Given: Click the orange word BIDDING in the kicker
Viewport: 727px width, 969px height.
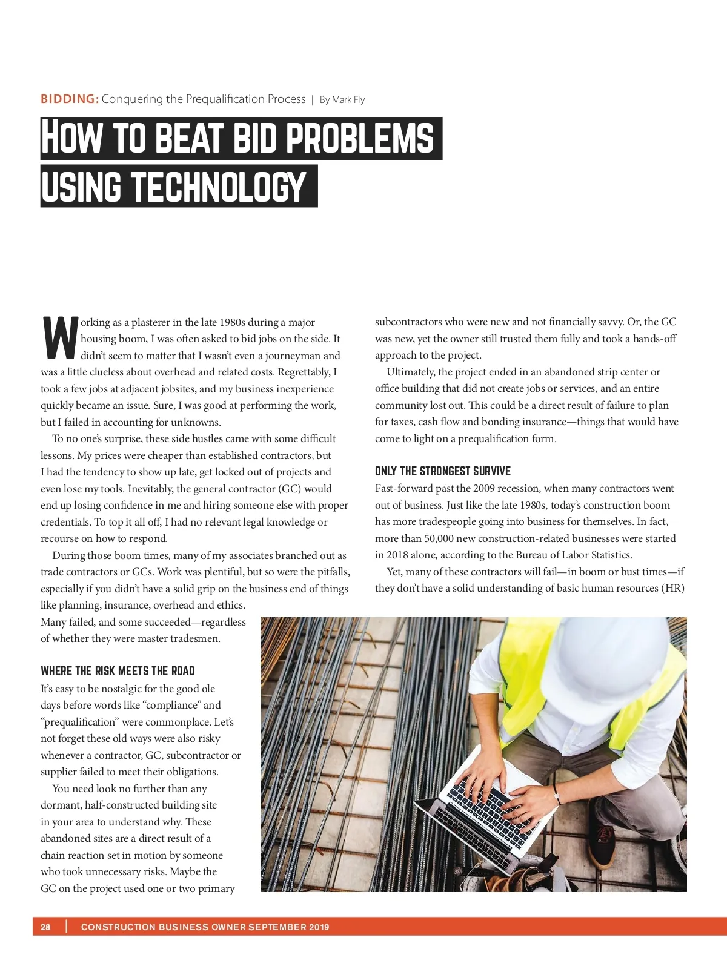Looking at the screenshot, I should [x=70, y=99].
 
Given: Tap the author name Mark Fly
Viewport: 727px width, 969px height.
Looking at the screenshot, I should [x=348, y=99].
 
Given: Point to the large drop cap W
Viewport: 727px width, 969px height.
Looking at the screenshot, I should [x=59, y=337].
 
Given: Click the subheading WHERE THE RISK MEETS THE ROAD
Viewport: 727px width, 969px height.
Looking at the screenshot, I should [x=118, y=670].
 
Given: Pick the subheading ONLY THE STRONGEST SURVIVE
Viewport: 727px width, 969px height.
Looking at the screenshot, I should [x=442, y=471].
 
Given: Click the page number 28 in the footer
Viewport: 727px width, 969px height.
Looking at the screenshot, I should [x=45, y=927].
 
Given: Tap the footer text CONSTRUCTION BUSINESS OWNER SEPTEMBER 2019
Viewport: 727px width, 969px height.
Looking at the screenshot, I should [x=205, y=927].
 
